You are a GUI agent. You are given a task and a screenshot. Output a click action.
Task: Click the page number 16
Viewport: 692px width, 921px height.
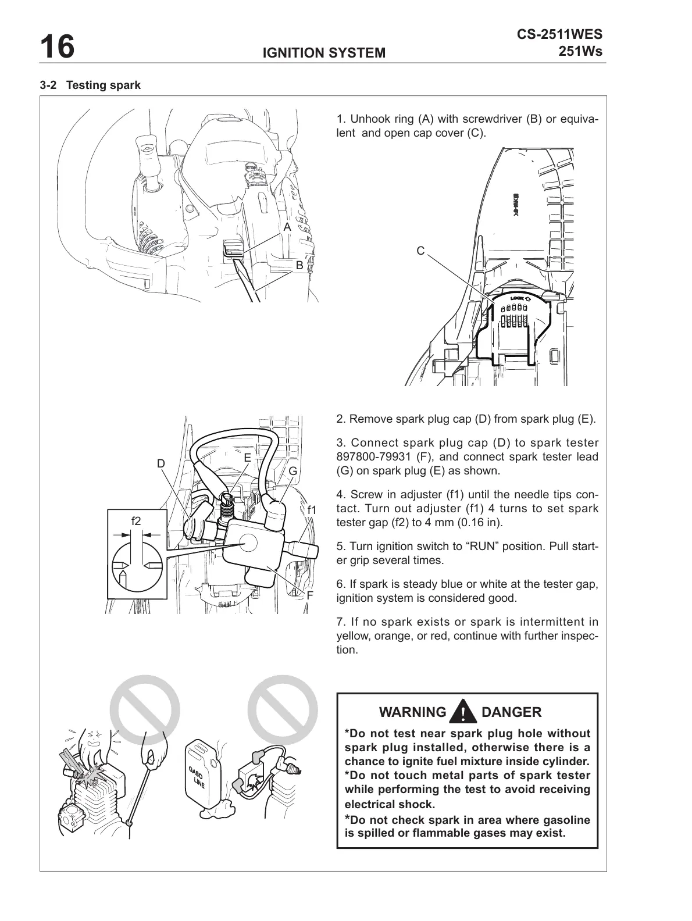(x=57, y=47)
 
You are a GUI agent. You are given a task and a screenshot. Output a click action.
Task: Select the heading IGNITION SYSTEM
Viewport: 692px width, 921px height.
(x=324, y=53)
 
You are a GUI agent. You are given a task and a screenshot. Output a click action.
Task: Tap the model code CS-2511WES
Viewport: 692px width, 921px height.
(x=559, y=35)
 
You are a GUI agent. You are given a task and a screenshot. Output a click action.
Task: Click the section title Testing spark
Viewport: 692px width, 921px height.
(x=104, y=85)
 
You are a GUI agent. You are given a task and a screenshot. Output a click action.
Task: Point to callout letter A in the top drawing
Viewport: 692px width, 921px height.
(x=287, y=228)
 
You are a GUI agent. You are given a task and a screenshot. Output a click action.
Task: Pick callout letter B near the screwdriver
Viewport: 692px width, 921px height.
(x=299, y=265)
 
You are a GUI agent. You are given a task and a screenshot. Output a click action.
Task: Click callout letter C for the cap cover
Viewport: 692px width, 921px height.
(x=420, y=251)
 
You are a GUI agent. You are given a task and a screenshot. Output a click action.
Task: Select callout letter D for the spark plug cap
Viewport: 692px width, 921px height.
(x=161, y=463)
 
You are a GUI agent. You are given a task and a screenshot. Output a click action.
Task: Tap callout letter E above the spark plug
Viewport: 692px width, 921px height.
(x=247, y=458)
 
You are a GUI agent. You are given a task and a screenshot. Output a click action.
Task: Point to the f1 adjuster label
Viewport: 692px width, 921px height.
(x=312, y=510)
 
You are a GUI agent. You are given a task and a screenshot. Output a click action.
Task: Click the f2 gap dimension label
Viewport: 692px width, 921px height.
(x=135, y=521)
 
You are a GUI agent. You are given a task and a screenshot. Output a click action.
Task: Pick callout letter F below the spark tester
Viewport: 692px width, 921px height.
(x=310, y=595)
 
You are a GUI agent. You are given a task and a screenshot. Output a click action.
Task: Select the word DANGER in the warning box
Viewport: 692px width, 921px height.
(x=512, y=712)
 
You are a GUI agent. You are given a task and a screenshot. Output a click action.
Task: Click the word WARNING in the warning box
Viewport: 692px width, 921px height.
(x=412, y=712)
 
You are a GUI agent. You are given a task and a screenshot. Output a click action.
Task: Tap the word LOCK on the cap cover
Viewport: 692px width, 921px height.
(x=517, y=299)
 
